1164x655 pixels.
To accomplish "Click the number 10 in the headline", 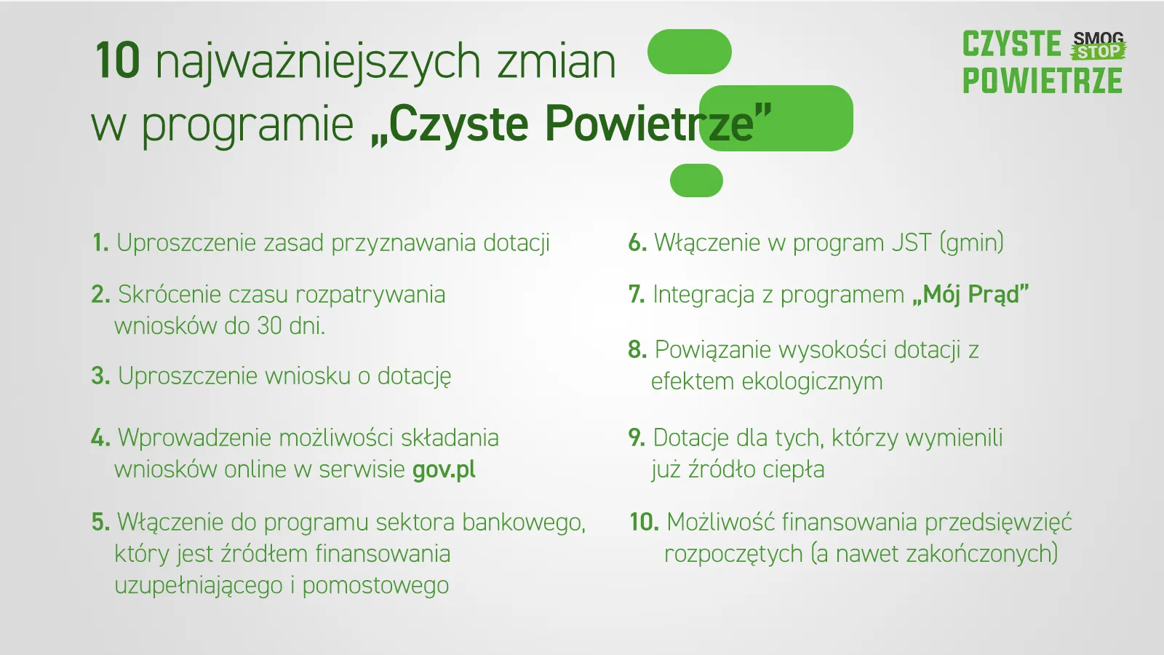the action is click(118, 60).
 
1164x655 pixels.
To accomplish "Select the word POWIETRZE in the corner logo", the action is click(1043, 81).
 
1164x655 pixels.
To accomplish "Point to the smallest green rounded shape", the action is click(696, 180).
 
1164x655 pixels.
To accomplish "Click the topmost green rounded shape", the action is click(690, 52).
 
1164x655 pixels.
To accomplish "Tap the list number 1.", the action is click(100, 243).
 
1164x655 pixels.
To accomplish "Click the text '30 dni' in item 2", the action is click(291, 326).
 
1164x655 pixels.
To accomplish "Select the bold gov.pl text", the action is click(444, 470).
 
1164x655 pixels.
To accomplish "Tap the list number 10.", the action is click(645, 522).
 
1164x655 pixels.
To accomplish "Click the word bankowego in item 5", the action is click(524, 523).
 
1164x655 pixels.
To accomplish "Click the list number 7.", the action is click(637, 295).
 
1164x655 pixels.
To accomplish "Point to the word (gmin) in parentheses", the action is click(972, 243).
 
